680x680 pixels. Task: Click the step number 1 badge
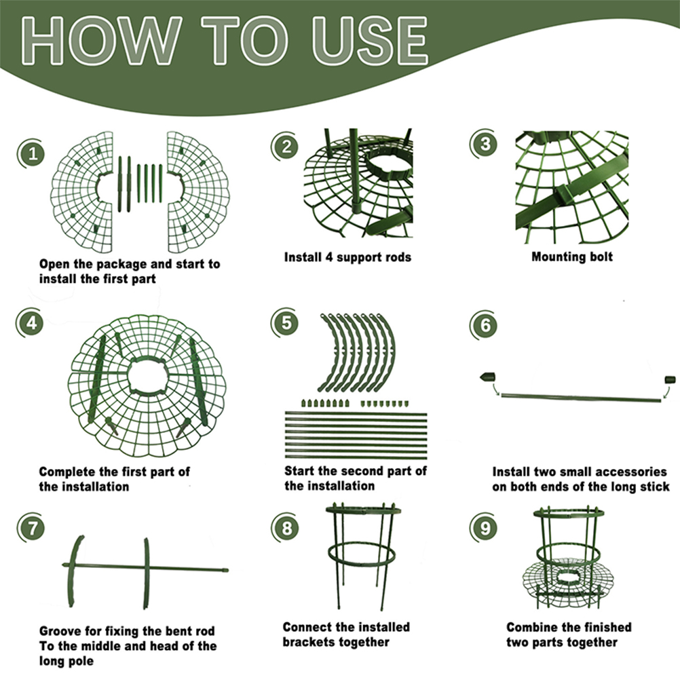coord(32,153)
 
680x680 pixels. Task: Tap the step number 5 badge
coord(286,323)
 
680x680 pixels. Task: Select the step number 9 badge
coord(485,527)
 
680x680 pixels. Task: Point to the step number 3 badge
coord(485,144)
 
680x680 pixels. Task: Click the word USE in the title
coord(369,41)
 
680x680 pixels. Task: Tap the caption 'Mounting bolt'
coord(572,257)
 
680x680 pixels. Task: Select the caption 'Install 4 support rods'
coord(347,257)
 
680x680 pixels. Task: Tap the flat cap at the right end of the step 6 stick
coord(670,379)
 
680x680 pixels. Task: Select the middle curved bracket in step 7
coord(146,573)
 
